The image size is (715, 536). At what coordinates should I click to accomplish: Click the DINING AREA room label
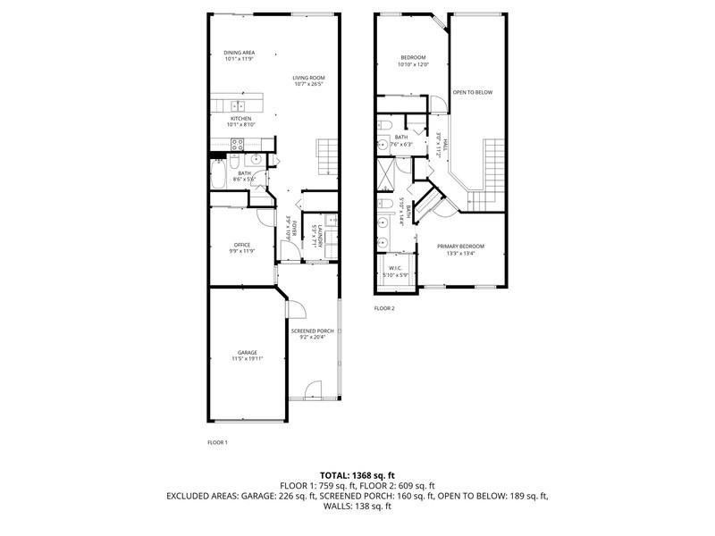pos(240,53)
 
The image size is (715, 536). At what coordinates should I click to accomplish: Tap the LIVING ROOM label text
pos(307,79)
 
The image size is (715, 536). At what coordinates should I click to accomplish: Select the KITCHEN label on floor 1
pos(240,119)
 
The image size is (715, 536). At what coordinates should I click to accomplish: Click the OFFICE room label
pos(241,245)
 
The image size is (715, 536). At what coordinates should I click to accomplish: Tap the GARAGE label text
pos(247,352)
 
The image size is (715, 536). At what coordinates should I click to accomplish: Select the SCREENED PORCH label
pos(312,331)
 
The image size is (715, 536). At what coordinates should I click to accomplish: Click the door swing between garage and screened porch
pos(294,310)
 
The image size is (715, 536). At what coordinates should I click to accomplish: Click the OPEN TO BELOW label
pos(472,92)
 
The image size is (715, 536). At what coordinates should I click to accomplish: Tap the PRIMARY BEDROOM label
pos(460,246)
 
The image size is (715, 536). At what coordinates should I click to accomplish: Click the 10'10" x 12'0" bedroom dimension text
pos(414,64)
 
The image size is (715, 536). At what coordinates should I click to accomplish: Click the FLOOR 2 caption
pos(384,308)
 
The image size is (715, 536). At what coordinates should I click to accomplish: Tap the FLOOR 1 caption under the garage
pos(218,442)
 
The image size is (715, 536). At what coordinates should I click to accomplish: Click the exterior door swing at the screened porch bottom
pos(313,390)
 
